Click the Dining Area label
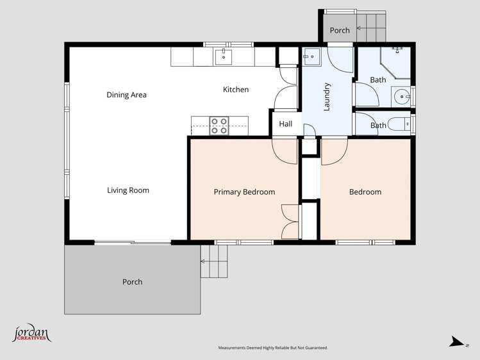click(x=126, y=95)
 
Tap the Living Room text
click(x=128, y=190)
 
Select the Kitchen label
click(x=236, y=90)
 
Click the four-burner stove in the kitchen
click(x=219, y=125)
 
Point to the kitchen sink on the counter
click(x=224, y=56)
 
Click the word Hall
click(x=286, y=124)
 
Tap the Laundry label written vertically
click(x=327, y=97)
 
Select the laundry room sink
click(x=310, y=57)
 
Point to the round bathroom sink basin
click(x=402, y=97)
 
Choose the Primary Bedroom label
click(x=244, y=192)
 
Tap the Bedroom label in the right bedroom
click(x=365, y=192)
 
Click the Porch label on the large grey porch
click(x=132, y=282)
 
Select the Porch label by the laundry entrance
click(x=340, y=30)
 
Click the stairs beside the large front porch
click(x=214, y=261)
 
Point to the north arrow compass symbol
click(x=456, y=342)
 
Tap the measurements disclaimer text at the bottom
click(x=273, y=348)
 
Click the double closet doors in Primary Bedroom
click(x=290, y=222)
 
